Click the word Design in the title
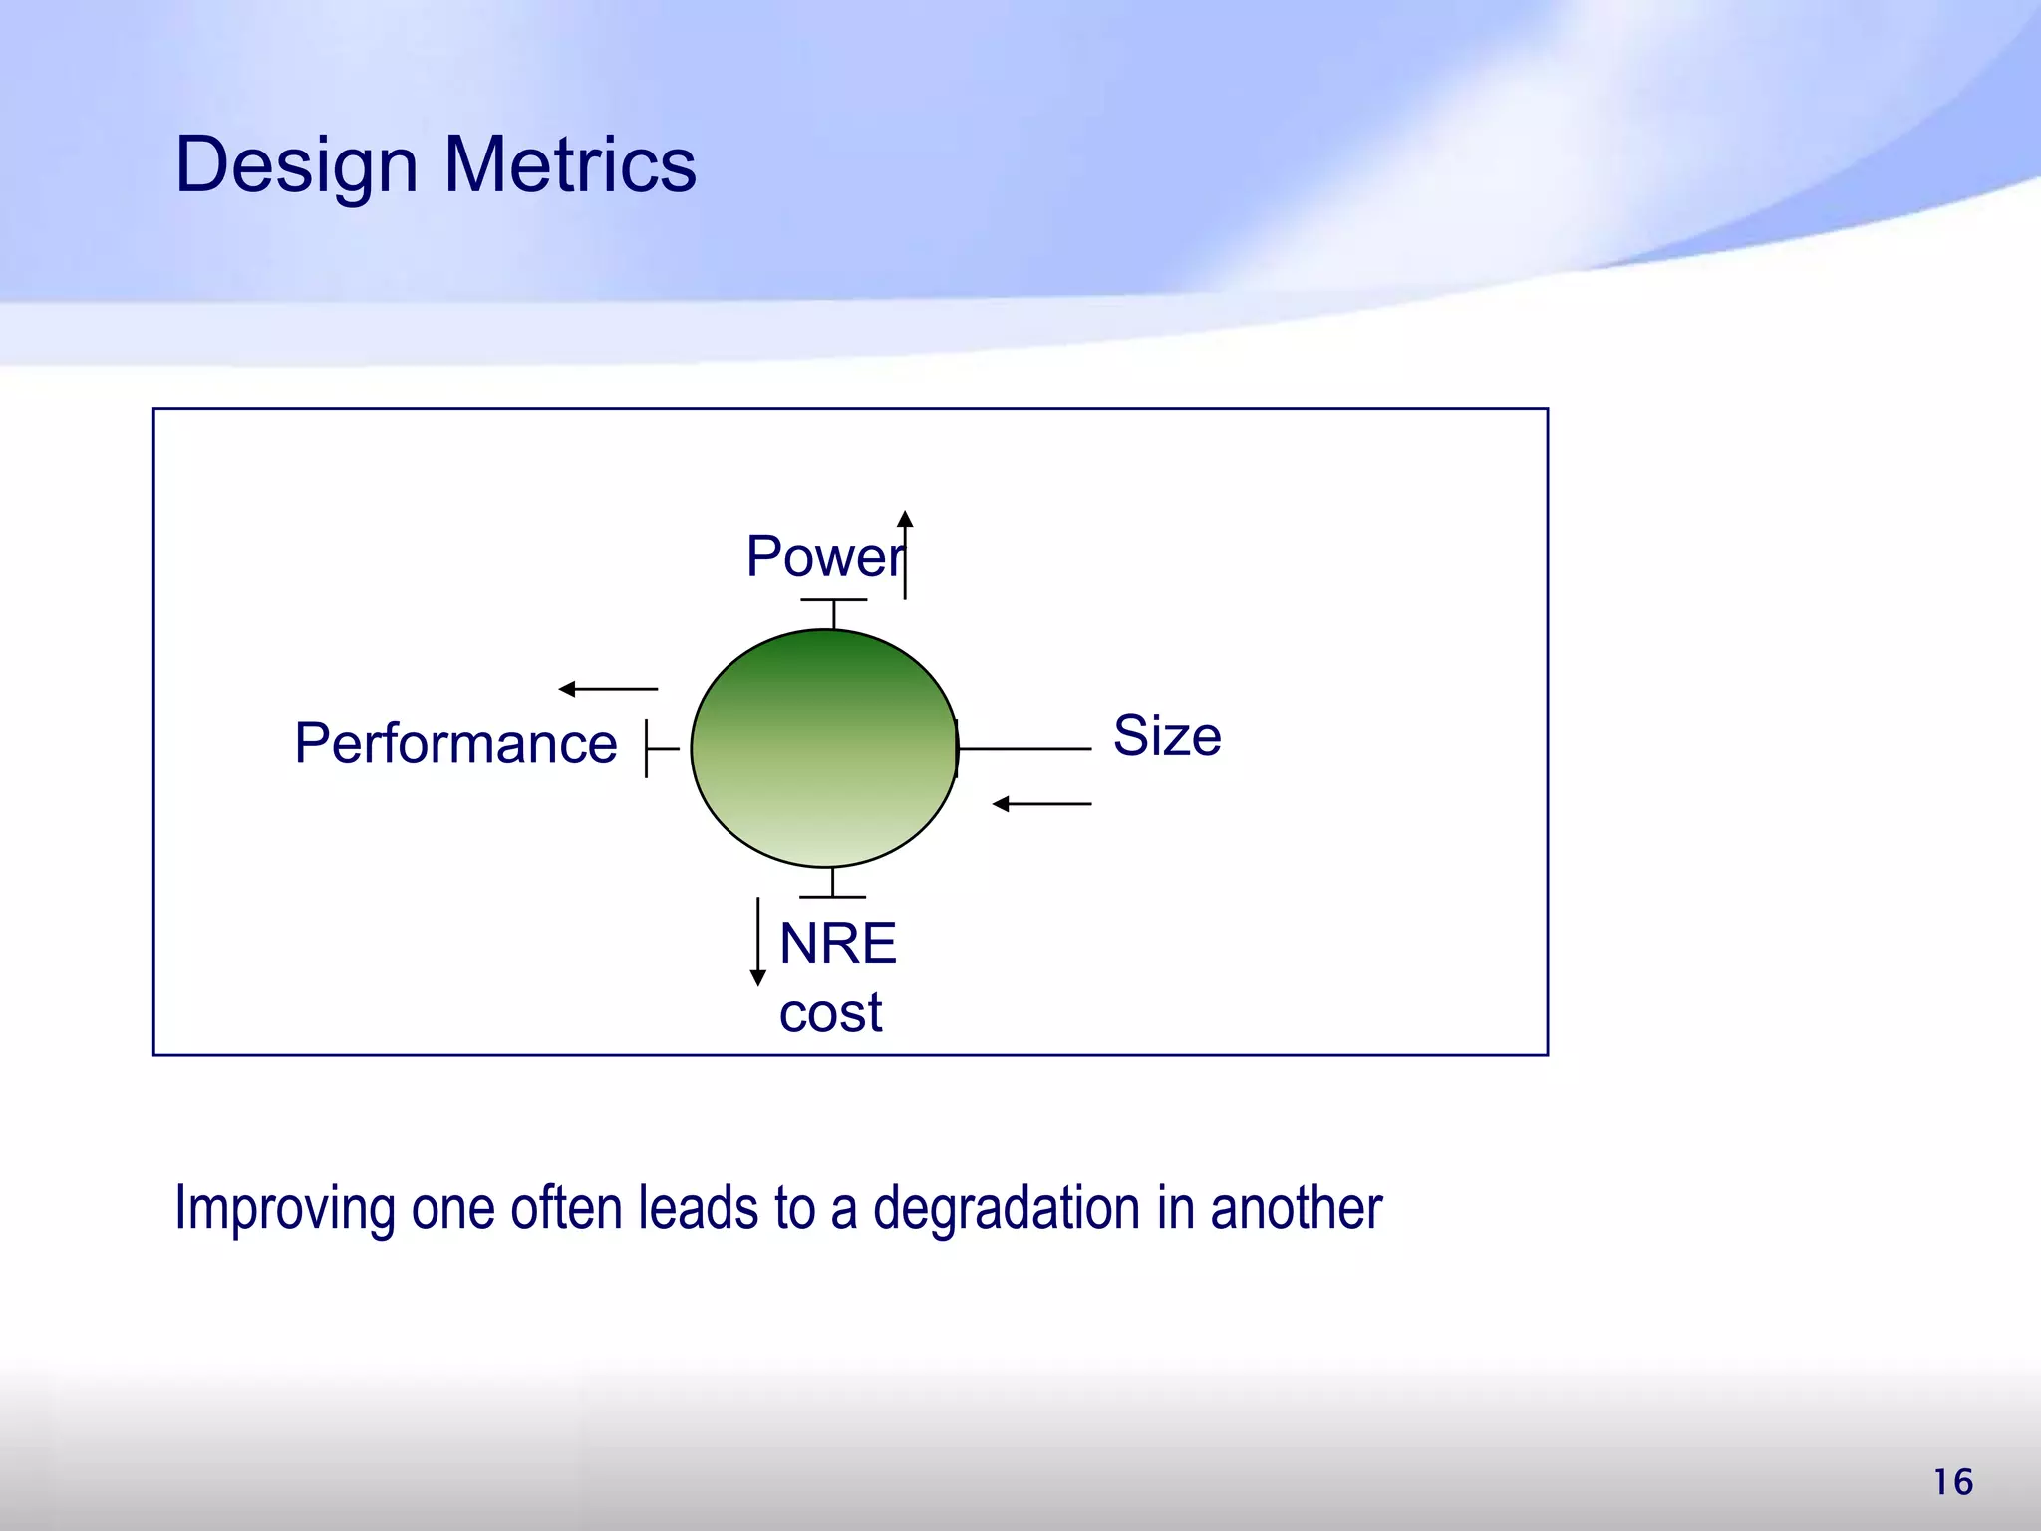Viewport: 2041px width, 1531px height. click(x=296, y=165)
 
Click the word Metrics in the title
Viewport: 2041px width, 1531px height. click(x=570, y=165)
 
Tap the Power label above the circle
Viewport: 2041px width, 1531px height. click(x=823, y=556)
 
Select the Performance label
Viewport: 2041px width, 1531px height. click(x=455, y=744)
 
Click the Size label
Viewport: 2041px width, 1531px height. click(x=1166, y=736)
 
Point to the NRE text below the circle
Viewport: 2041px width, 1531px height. click(x=837, y=943)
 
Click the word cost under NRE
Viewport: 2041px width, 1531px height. click(x=830, y=1013)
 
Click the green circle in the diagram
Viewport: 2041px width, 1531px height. click(x=824, y=748)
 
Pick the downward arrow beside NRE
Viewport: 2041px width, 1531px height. click(x=758, y=941)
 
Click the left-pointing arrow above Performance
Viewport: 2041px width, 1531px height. click(x=608, y=689)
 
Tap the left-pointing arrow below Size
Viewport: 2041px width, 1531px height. click(x=1041, y=804)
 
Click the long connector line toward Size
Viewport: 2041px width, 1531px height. click(x=1024, y=748)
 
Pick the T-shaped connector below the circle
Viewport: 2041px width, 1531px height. click(x=832, y=886)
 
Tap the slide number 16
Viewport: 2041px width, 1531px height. click(x=1953, y=1482)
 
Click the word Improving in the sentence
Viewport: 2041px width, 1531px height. click(x=284, y=1209)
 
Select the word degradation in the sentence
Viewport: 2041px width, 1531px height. click(x=1007, y=1209)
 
